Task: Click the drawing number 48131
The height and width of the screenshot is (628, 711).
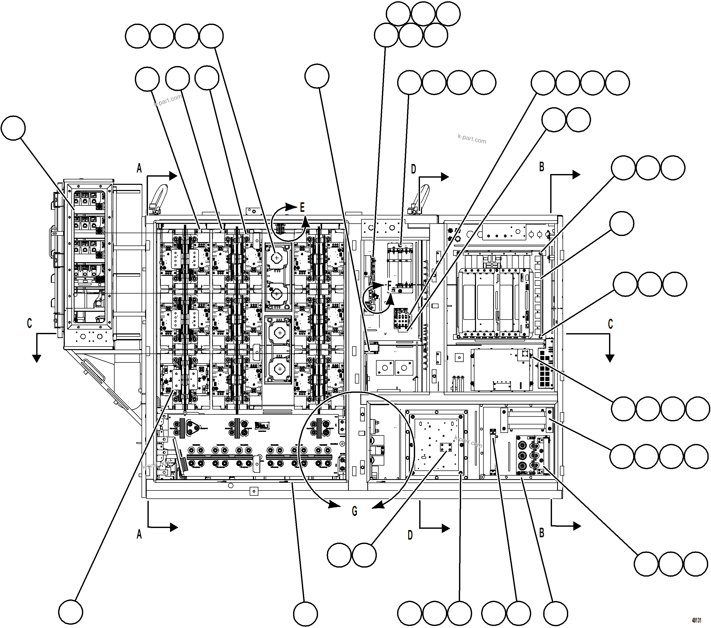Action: (696, 620)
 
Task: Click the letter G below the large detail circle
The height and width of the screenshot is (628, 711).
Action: (354, 511)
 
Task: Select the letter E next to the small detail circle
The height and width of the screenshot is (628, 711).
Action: (302, 208)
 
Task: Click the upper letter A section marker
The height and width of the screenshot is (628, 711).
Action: (139, 168)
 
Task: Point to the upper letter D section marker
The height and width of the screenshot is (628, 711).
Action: (413, 169)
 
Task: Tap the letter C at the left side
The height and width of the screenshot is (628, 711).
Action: (30, 323)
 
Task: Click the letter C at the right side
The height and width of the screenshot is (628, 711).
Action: (610, 324)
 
